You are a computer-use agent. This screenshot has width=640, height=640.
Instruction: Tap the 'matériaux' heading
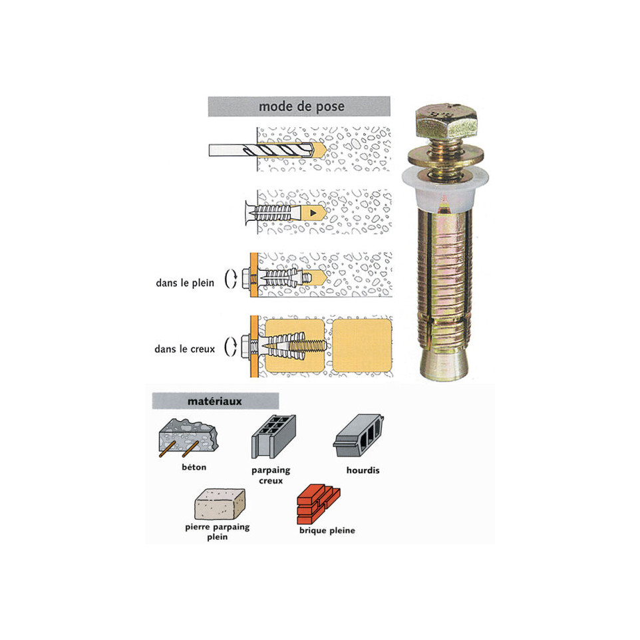click(x=214, y=402)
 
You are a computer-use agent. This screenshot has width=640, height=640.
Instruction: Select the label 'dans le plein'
click(x=184, y=283)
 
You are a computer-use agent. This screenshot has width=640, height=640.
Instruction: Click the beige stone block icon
click(x=219, y=504)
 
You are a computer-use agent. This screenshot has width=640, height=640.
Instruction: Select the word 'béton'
click(x=194, y=467)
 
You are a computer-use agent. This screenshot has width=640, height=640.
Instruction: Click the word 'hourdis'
click(x=363, y=470)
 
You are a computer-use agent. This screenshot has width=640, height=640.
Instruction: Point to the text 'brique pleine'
click(x=327, y=530)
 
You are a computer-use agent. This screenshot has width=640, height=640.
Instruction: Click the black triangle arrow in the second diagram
click(x=312, y=214)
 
